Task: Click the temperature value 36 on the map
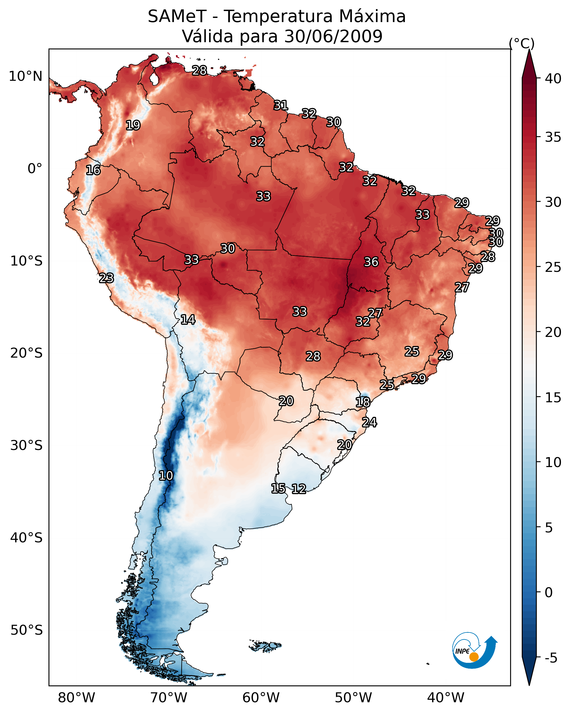tap(371, 262)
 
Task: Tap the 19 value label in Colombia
tap(133, 125)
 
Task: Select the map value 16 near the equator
tap(93, 170)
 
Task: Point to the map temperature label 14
tap(188, 320)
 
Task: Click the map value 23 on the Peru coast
tap(106, 278)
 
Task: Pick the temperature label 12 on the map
tap(299, 489)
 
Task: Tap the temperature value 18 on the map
tap(363, 402)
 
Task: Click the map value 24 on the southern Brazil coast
tap(369, 422)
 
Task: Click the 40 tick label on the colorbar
tap(553, 79)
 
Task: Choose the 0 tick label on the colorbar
tap(548, 593)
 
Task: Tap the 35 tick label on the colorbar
tap(553, 137)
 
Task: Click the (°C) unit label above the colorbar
tap(522, 43)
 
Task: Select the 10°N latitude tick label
tap(25, 76)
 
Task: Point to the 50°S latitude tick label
tap(26, 630)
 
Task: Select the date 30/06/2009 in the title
tap(333, 36)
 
